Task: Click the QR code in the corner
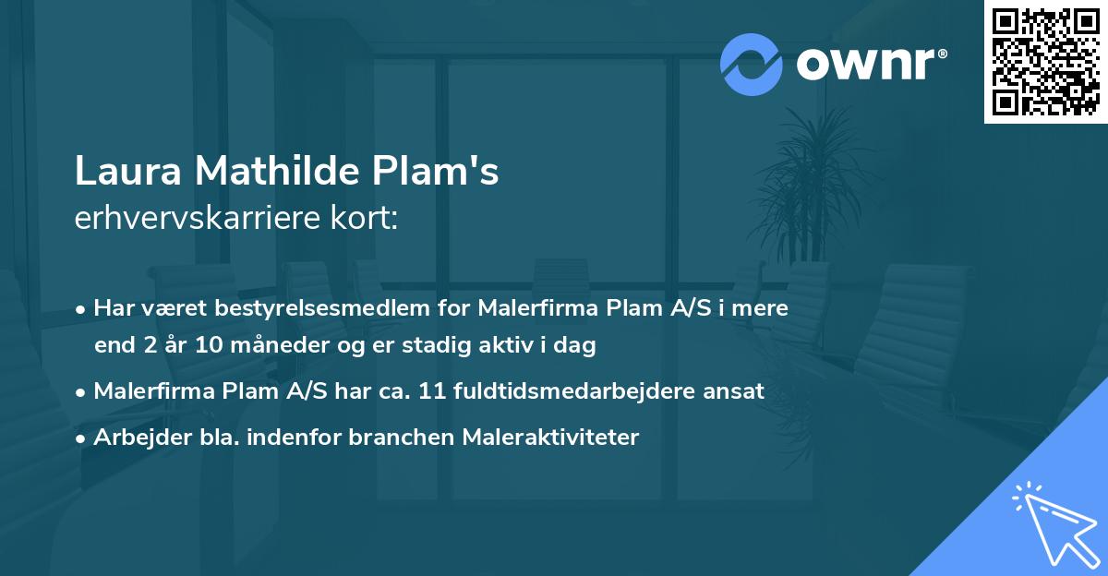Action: (x=1046, y=62)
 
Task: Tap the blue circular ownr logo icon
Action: (x=751, y=65)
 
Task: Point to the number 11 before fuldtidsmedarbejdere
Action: (x=433, y=391)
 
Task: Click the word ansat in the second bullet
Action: (x=736, y=391)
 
